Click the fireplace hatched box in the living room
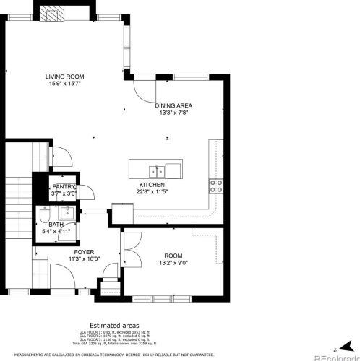click(x=52, y=14)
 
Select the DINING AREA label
click(x=173, y=105)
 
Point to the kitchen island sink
click(x=155, y=170)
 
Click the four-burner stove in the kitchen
click(x=215, y=186)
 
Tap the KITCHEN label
click(x=153, y=185)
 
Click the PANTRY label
click(x=64, y=187)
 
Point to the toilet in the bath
click(x=45, y=214)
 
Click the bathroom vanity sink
click(x=66, y=214)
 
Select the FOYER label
click(x=83, y=253)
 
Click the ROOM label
click(x=173, y=256)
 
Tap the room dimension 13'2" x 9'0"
click(x=173, y=263)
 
